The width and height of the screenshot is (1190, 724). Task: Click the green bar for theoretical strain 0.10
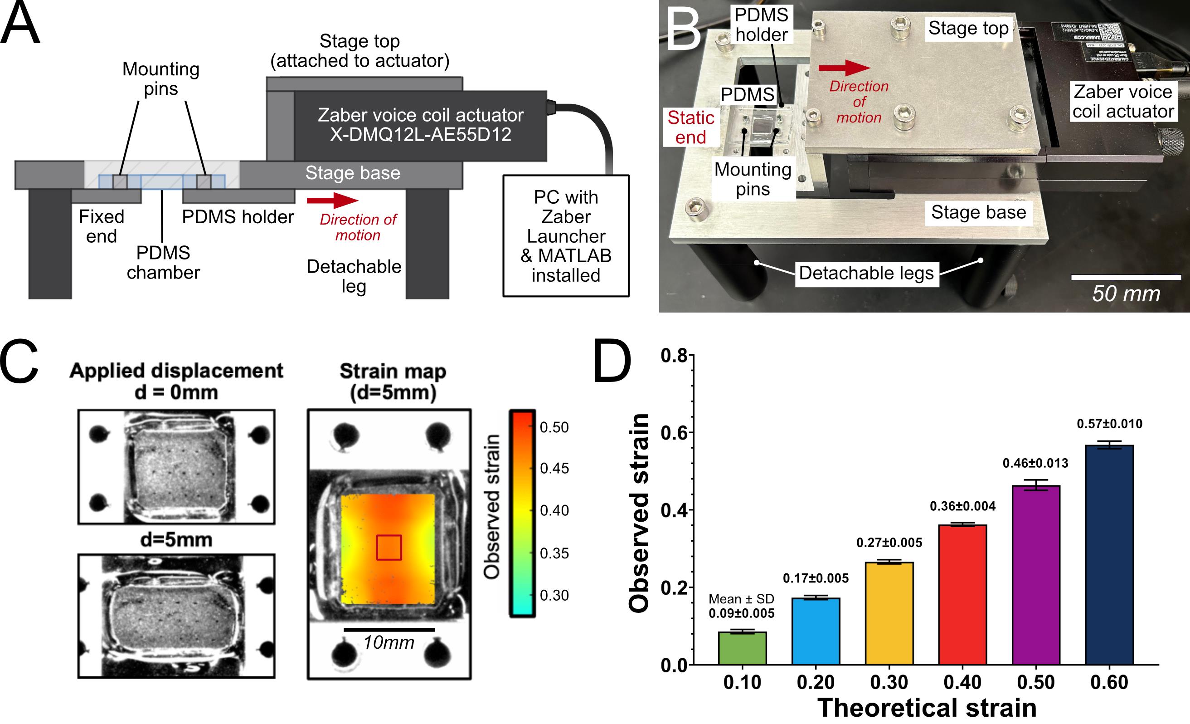click(742, 648)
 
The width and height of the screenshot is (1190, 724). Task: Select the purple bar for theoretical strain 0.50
click(1035, 575)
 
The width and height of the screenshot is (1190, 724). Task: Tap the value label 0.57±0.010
click(1109, 424)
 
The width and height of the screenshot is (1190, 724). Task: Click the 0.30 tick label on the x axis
click(889, 682)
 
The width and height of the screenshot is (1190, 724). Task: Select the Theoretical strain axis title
click(927, 708)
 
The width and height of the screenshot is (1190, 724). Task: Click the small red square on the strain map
click(389, 547)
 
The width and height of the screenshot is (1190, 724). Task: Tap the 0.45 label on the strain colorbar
click(554, 468)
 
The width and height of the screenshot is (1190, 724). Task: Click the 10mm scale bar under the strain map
click(389, 629)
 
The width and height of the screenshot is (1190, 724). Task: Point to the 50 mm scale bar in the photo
click(1126, 278)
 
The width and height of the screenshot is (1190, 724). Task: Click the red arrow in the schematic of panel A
click(332, 201)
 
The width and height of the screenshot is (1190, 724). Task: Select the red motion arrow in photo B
click(844, 68)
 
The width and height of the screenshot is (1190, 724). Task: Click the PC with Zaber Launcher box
click(566, 236)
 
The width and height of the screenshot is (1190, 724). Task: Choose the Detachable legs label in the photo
click(866, 273)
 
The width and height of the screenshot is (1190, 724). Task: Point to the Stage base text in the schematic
click(353, 173)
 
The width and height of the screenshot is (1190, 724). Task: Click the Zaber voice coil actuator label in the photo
click(1123, 102)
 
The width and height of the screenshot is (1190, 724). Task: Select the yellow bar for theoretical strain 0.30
click(889, 613)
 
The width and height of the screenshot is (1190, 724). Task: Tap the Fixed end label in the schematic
click(102, 226)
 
